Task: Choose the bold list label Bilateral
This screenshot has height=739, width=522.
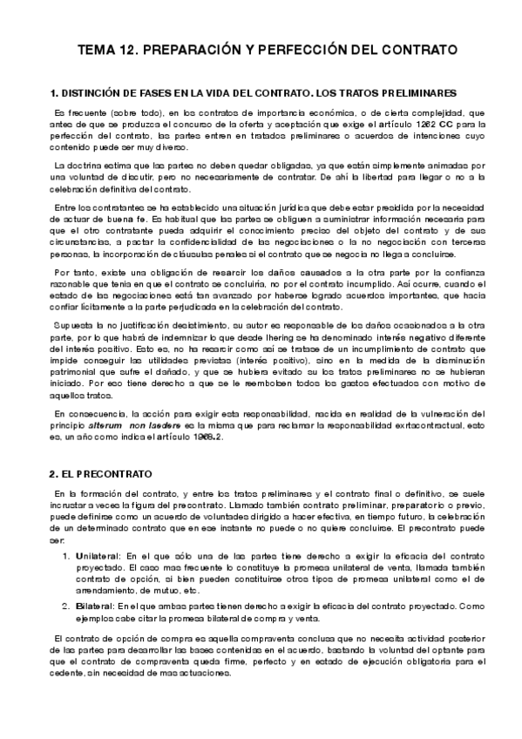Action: (x=98, y=605)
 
